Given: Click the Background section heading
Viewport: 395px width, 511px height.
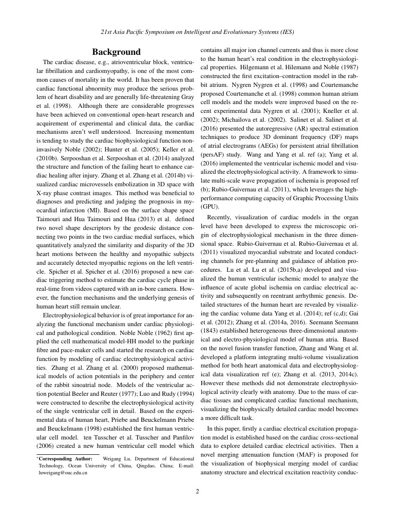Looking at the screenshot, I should pos(116,52).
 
